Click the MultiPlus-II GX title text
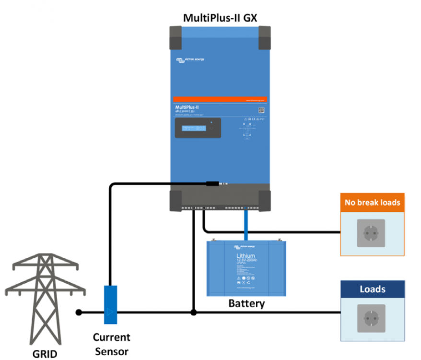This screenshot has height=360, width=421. click(220, 18)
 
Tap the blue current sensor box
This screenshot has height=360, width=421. click(111, 304)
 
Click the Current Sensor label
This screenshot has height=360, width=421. click(111, 344)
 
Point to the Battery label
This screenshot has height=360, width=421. click(246, 303)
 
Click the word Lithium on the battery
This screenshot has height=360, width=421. click(246, 256)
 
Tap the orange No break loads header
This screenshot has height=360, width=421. click(372, 202)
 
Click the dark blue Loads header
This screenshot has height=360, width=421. click(372, 289)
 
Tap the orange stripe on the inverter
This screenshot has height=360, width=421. click(220, 99)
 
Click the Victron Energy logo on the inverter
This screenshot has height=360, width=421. click(189, 60)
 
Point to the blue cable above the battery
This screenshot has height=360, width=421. click(246, 226)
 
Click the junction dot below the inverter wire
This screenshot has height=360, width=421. click(193, 312)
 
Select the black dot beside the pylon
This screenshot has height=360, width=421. click(79, 312)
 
